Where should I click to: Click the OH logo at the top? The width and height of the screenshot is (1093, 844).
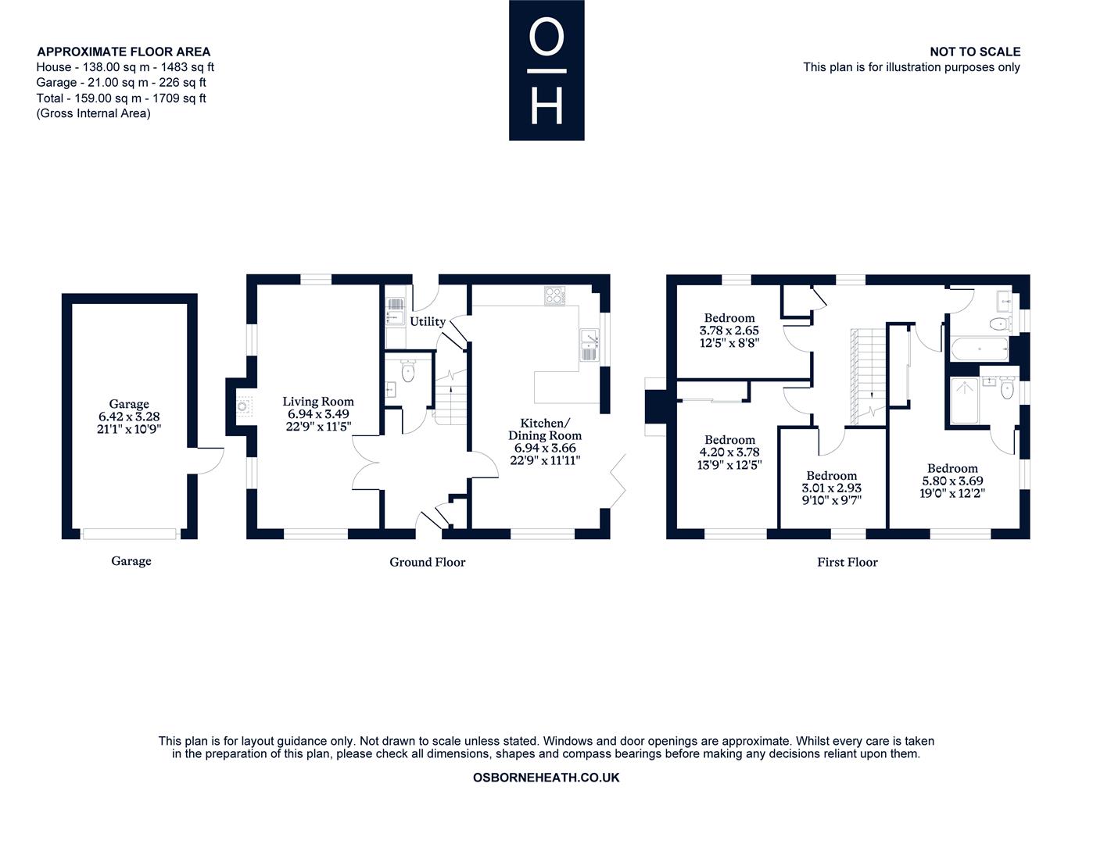click(x=546, y=70)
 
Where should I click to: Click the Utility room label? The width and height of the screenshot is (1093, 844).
click(x=428, y=321)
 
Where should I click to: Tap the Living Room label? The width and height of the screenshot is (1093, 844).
click(x=318, y=401)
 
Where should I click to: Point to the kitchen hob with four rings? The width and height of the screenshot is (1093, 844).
click(x=554, y=295)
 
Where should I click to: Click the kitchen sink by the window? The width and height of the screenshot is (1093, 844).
click(x=588, y=345)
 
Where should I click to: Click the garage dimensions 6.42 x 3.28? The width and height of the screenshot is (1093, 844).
click(x=129, y=417)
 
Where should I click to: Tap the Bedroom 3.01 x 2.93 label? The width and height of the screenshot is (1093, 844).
click(x=832, y=475)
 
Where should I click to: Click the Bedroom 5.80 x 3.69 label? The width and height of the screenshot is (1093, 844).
click(x=952, y=468)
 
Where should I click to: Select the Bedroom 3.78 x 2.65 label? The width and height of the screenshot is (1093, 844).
click(x=729, y=318)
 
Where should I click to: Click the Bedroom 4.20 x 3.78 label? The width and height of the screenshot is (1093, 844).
click(x=729, y=440)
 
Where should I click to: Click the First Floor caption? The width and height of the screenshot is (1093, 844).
click(x=848, y=562)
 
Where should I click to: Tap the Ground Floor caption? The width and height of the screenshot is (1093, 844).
click(x=427, y=562)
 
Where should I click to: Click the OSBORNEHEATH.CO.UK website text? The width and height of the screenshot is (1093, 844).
click(x=546, y=778)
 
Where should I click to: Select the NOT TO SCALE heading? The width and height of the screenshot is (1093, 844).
click(x=974, y=52)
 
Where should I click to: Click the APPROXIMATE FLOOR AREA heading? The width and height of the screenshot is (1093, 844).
click(x=124, y=52)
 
